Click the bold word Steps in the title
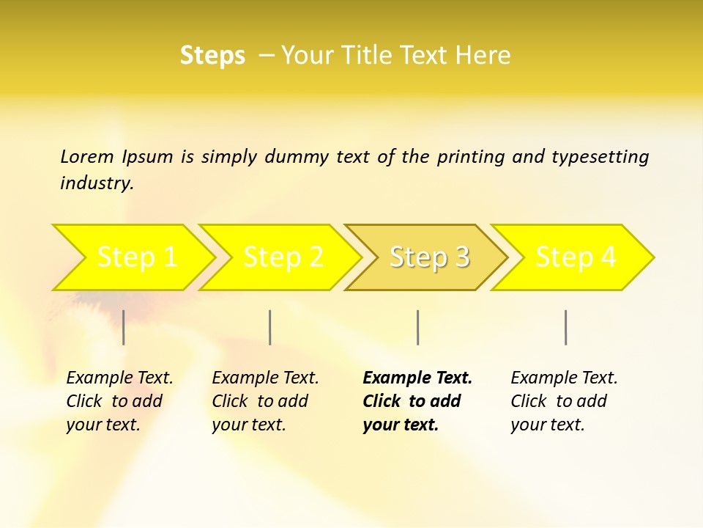[x=212, y=56]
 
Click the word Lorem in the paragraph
[x=87, y=156]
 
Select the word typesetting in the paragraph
[x=600, y=156]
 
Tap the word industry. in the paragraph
[x=97, y=183]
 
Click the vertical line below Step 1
[x=124, y=327]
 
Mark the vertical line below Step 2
[x=270, y=327]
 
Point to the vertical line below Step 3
[x=417, y=327]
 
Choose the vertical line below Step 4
[x=565, y=327]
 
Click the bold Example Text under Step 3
[x=417, y=378]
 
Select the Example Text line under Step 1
[x=119, y=378]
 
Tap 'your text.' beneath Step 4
[x=547, y=425]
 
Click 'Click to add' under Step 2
[x=260, y=401]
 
